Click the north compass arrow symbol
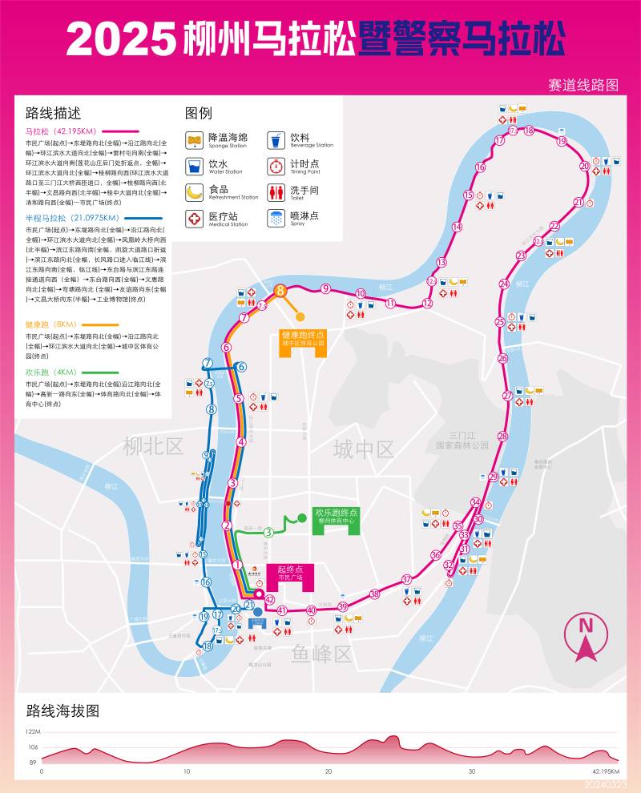586,638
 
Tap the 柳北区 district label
153,447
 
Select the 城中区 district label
364,449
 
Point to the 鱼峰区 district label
321,654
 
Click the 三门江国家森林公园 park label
462,439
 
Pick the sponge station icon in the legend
194,140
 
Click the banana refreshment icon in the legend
194,191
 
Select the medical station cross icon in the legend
194,218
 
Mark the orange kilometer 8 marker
280,292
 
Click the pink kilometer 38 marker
374,594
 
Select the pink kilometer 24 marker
504,284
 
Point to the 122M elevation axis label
32,731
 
